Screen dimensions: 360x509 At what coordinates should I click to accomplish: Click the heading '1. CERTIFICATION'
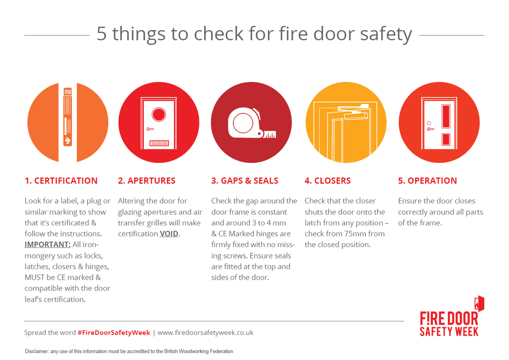[x=61, y=181]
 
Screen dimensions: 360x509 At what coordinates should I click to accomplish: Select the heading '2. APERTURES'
[x=146, y=181]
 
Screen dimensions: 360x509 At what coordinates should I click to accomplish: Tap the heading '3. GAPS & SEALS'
[x=245, y=181]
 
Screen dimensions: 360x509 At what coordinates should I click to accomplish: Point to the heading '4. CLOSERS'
[x=327, y=181]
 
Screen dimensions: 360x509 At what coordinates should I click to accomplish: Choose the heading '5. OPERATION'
[x=427, y=181]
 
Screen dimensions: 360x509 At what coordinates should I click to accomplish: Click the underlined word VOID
[x=169, y=234]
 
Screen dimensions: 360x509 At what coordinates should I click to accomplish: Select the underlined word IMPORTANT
[x=47, y=245]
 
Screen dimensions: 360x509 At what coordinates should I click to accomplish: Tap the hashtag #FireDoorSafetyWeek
[x=114, y=333]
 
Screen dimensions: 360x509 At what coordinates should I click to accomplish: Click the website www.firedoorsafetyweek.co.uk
[x=205, y=333]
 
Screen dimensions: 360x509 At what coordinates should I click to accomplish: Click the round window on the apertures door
[x=159, y=114]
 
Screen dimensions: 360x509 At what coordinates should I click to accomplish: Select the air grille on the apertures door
[x=159, y=143]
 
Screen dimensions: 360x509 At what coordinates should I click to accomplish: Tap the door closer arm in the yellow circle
[x=355, y=114]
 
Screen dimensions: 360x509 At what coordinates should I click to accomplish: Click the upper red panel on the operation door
[x=445, y=116]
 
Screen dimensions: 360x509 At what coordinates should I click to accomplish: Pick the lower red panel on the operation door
[x=445, y=139]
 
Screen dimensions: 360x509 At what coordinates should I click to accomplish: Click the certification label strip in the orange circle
[x=68, y=117]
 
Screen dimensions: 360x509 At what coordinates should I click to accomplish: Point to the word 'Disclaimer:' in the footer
[x=37, y=352]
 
